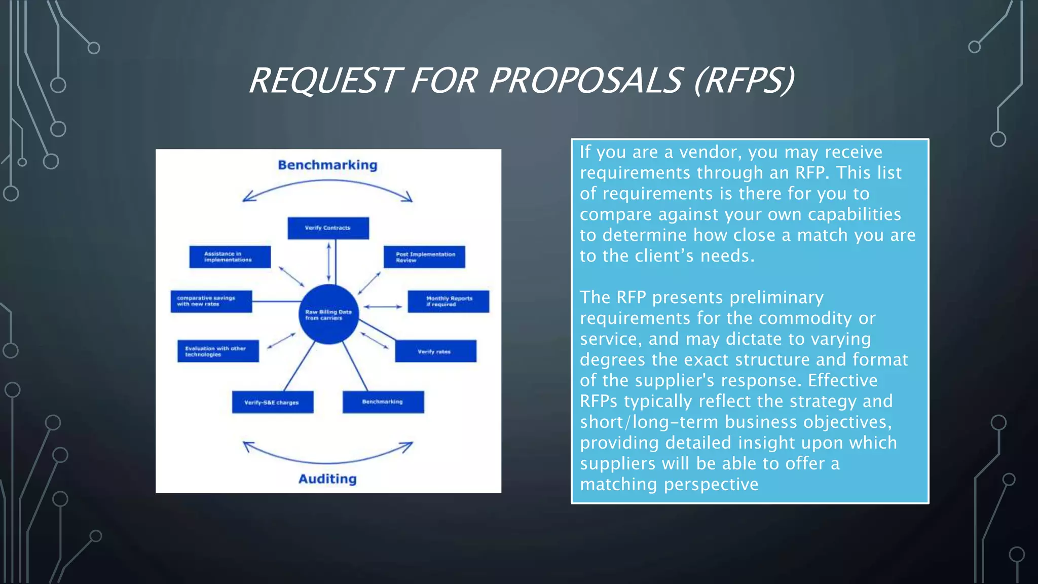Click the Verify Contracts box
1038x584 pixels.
point(328,228)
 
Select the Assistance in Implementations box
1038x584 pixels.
point(230,257)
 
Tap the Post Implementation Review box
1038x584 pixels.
point(424,257)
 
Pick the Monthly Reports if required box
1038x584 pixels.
point(449,301)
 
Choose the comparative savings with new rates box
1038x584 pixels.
point(211,301)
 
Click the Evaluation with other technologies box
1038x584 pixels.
point(218,351)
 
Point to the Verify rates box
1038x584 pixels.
point(435,351)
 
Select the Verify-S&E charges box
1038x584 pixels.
point(273,402)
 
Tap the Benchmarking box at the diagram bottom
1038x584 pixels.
point(383,402)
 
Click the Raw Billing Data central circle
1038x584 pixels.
point(328,314)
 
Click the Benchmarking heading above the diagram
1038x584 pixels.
point(327,165)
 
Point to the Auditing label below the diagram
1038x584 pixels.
point(327,479)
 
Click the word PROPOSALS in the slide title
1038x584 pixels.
point(585,81)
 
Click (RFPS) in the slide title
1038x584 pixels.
point(744,81)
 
